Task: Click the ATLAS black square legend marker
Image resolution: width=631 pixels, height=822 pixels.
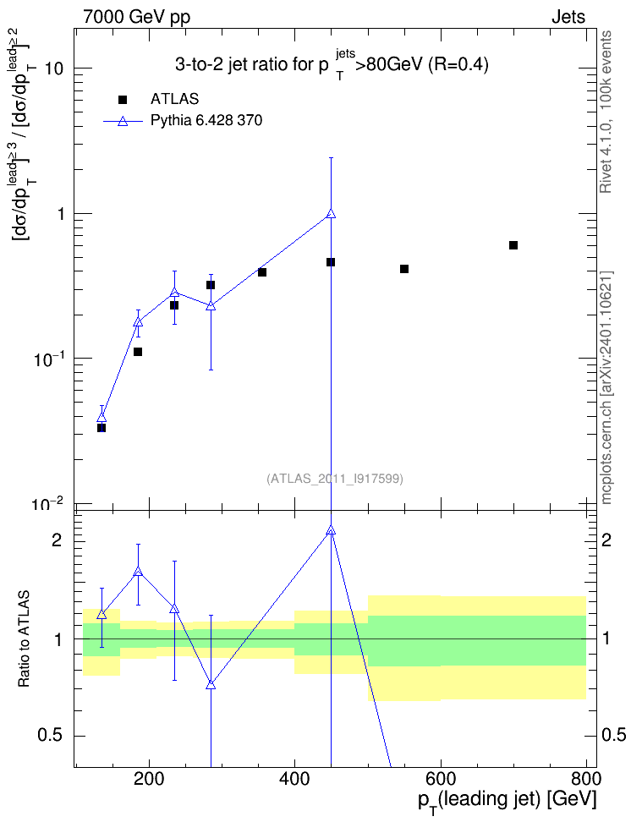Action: tap(123, 100)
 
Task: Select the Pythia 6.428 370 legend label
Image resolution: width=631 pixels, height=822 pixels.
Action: tap(206, 121)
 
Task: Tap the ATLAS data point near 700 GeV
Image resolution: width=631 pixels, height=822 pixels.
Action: tap(513, 245)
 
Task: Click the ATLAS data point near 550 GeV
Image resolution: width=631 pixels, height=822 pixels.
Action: tap(403, 269)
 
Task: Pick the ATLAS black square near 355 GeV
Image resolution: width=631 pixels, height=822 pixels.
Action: tap(262, 272)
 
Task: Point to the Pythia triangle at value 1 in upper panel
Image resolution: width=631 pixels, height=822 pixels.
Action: tap(331, 213)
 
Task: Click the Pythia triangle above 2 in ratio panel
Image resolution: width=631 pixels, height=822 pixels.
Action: tap(331, 530)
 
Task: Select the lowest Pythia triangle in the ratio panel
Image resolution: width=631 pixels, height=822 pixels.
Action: tap(211, 685)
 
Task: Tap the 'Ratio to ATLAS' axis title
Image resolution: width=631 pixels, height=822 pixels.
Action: tap(24, 639)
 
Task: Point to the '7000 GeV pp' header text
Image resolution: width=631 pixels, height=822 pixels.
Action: tap(136, 17)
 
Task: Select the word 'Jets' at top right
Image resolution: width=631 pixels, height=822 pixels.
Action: tap(568, 17)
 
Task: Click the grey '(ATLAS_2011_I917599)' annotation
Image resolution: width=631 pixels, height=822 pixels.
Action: tap(335, 479)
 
